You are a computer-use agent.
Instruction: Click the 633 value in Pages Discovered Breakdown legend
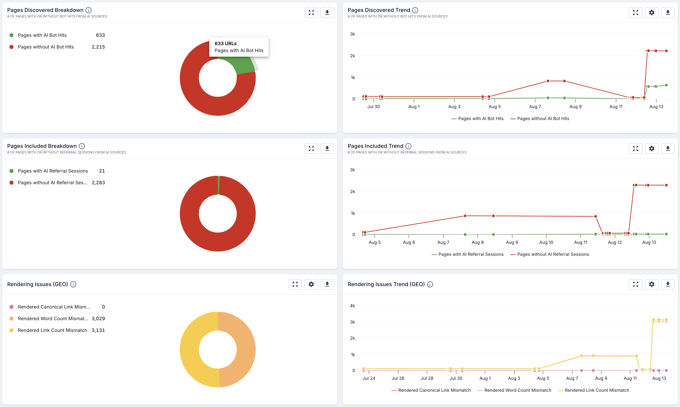[100, 35]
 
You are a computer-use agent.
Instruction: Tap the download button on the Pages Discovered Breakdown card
[327, 13]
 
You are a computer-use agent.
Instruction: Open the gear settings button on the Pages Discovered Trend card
[652, 13]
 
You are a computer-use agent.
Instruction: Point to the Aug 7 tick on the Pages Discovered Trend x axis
[535, 106]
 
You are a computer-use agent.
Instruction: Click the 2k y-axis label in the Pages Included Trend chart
[352, 191]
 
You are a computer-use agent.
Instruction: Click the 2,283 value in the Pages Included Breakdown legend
[98, 183]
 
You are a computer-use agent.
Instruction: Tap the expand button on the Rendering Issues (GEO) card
[295, 284]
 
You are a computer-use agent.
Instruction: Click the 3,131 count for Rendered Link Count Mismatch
[98, 330]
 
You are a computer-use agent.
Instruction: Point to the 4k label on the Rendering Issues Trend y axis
[352, 306]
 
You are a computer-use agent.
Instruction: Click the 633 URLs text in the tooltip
[225, 43]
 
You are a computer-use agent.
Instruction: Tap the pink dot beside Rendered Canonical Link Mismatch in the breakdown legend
[12, 307]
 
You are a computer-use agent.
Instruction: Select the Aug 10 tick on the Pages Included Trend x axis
[546, 242]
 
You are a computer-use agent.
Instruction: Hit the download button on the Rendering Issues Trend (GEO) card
[667, 284]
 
